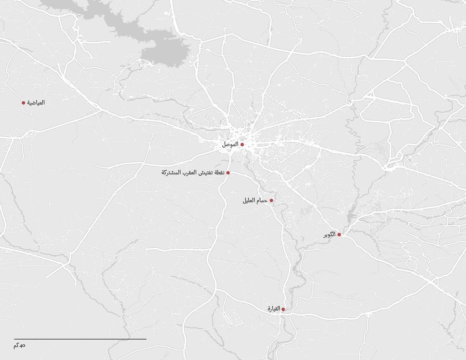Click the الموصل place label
230,145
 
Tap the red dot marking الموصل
242,145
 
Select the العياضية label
36,103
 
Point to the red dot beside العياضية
23,103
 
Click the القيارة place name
274,309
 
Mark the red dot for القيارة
283,309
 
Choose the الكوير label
329,235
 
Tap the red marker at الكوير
339,235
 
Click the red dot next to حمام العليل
271,200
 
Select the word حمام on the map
262,201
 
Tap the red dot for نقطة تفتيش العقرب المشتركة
228,173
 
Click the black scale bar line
80,339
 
